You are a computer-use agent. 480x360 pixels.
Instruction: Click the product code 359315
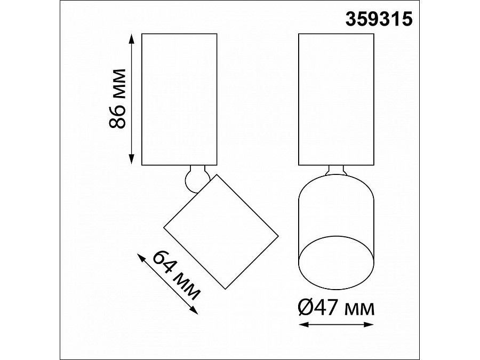click(379, 19)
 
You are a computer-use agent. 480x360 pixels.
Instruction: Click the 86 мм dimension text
click(117, 98)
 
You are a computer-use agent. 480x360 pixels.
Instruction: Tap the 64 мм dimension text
click(176, 275)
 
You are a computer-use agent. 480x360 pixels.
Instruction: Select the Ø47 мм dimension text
click(336, 308)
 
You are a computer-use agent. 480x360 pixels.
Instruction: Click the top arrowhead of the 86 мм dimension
click(132, 38)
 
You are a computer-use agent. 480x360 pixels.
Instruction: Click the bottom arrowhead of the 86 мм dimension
click(132, 159)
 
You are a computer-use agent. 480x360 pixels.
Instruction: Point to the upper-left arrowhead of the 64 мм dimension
click(141, 258)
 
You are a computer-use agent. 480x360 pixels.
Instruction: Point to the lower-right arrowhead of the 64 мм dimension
click(194, 310)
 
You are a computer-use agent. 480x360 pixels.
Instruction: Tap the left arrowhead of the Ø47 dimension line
click(303, 324)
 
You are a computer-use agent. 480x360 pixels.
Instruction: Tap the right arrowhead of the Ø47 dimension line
click(368, 324)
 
